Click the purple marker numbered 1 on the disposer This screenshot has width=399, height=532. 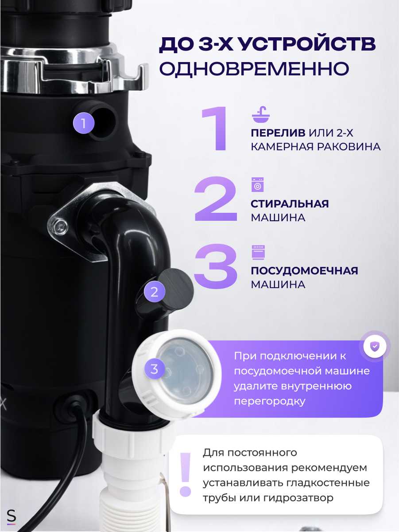pos(84,122)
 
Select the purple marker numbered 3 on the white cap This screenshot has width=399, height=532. pos(154,369)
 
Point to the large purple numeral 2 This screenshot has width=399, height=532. pos(216,199)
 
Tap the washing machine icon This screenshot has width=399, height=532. pos(257,184)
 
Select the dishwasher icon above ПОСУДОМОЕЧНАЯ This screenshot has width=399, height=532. pos(257,252)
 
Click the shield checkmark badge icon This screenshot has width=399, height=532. pos(375,345)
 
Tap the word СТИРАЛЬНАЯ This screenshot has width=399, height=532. pos(290,204)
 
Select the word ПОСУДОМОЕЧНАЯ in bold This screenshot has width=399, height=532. pos(304,271)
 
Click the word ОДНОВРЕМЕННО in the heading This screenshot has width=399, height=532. pos(254,69)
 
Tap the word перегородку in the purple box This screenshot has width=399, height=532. pos(269,401)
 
